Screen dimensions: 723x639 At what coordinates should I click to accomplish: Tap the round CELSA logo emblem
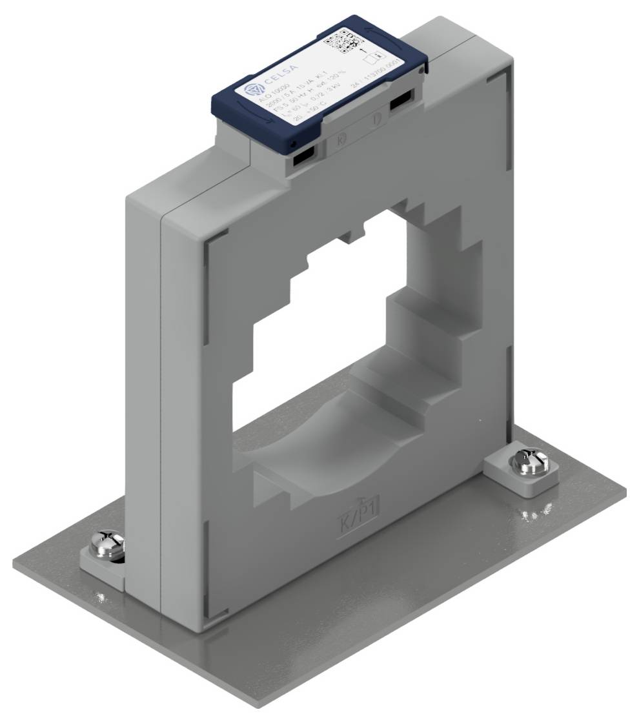point(249,88)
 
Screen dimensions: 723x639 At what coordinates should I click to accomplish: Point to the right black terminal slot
point(401,101)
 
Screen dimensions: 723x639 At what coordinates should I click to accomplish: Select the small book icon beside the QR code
point(370,57)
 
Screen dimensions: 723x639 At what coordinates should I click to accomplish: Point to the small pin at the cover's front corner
point(292,143)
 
